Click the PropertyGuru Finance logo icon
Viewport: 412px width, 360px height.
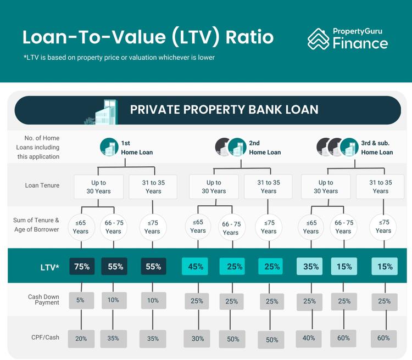point(318,39)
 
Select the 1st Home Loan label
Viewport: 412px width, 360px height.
point(137,148)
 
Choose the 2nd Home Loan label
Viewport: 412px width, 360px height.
point(265,148)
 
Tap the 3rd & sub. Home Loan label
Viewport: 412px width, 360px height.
point(377,148)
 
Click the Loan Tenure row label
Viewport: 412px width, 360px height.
point(43,185)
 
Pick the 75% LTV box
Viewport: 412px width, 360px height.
point(81,267)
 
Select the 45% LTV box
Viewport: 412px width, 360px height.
point(195,267)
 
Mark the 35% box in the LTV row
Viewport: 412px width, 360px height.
point(311,267)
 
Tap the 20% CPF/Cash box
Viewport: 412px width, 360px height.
point(81,339)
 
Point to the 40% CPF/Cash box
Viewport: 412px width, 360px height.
point(309,338)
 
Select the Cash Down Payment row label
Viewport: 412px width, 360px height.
point(43,300)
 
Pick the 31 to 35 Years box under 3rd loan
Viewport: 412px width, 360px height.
point(381,187)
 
